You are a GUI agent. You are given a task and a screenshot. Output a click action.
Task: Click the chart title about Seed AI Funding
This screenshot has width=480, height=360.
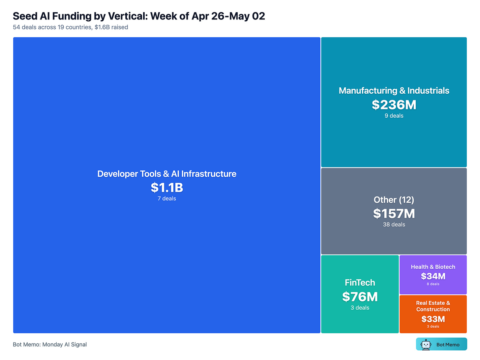click(139, 16)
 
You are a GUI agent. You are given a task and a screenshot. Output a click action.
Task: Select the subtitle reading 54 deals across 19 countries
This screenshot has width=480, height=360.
click(71, 27)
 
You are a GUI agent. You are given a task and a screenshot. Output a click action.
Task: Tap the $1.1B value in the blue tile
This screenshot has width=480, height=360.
click(167, 188)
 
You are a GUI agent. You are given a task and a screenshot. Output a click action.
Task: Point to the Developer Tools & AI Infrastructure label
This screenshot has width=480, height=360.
click(167, 174)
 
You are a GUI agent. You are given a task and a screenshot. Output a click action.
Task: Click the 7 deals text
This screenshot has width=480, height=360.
click(167, 198)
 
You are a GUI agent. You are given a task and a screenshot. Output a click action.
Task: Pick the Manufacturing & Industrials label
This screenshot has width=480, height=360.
click(394, 90)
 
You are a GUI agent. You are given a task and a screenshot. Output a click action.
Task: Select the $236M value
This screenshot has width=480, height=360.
click(394, 105)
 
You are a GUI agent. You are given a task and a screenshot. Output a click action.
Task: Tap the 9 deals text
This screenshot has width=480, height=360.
click(394, 116)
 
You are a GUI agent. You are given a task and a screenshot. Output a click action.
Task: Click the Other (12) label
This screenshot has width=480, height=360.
click(394, 200)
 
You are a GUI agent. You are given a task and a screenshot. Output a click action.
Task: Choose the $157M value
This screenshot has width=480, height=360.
click(394, 214)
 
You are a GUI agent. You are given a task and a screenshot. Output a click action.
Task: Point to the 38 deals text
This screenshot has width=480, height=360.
click(394, 225)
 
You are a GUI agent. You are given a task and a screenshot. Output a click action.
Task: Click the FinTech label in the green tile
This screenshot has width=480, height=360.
click(360, 283)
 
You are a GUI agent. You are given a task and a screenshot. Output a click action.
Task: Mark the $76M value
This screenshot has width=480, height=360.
click(360, 297)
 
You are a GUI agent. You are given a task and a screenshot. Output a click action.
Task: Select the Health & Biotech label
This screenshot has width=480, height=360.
click(433, 267)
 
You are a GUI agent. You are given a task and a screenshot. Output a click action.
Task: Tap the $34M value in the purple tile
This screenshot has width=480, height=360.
click(433, 276)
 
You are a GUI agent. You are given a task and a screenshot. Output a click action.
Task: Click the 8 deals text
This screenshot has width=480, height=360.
click(433, 284)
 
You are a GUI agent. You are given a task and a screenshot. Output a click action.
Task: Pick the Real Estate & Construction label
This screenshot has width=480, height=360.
click(433, 306)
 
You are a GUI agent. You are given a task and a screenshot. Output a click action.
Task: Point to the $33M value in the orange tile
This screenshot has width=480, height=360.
click(433, 319)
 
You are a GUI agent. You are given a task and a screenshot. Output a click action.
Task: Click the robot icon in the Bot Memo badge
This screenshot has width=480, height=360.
click(426, 344)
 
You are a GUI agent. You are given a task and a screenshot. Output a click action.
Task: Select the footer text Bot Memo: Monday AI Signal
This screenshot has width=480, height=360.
click(50, 345)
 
